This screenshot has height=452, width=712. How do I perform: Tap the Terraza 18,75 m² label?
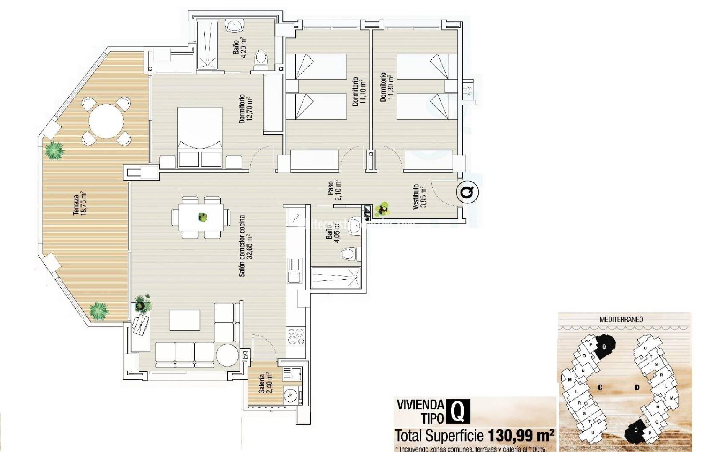[x=79, y=204]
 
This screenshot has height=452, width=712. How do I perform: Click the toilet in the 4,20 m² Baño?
[x=261, y=59]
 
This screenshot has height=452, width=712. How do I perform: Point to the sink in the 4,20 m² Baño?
[x=235, y=26]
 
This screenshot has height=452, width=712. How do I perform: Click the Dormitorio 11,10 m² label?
[x=359, y=91]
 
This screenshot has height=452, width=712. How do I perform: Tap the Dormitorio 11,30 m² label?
[x=387, y=87]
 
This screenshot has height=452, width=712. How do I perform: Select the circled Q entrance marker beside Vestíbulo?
[x=467, y=193]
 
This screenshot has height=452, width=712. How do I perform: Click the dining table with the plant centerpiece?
[x=201, y=217]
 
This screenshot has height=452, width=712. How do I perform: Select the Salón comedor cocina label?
[x=246, y=246]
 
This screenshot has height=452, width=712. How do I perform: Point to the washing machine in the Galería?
[x=291, y=395]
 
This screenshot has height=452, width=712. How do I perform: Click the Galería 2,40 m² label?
[x=266, y=383]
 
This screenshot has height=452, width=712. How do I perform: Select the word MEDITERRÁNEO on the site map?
[x=621, y=319]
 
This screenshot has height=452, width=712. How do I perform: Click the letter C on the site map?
[x=600, y=388]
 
